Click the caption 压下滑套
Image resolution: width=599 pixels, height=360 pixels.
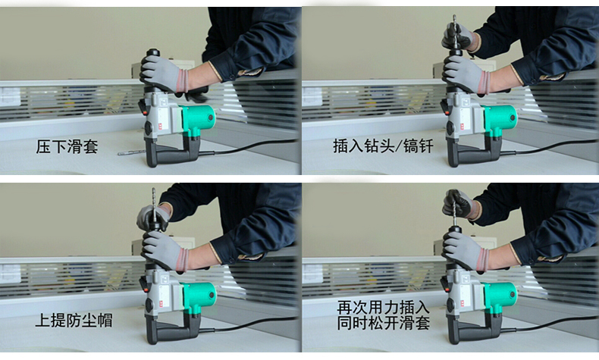[67, 146]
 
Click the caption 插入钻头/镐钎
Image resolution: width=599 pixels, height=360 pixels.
[383, 146]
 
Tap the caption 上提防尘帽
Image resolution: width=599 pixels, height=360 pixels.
[74, 321]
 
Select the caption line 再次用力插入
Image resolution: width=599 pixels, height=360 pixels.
[383, 307]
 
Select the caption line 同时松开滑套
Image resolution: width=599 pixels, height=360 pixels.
[383, 323]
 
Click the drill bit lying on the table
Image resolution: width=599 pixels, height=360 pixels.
[132, 152]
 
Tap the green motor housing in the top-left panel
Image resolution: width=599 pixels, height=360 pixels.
[198, 117]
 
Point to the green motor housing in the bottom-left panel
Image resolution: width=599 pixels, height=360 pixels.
[198, 295]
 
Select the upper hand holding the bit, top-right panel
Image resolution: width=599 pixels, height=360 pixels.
[459, 37]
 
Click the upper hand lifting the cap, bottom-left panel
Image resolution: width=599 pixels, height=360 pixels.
[154, 217]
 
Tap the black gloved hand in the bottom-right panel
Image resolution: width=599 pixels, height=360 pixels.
[459, 205]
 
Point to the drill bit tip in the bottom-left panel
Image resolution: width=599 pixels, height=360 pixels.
[154, 189]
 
